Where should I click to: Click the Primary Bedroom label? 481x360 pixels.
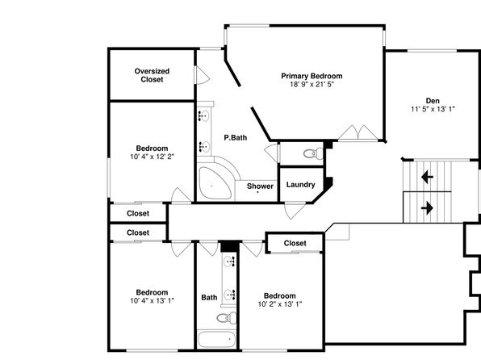click(x=312, y=76)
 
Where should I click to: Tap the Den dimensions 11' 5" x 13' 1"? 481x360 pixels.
click(x=433, y=109)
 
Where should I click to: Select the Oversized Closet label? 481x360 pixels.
click(x=152, y=75)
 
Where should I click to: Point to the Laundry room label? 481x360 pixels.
click(x=300, y=185)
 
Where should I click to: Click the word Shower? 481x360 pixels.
click(x=260, y=186)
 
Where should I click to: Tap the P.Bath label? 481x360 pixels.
click(x=236, y=137)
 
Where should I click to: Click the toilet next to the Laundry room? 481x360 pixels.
click(x=313, y=153)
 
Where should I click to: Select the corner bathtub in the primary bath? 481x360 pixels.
click(x=214, y=183)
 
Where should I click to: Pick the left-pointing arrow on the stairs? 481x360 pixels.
click(x=427, y=177)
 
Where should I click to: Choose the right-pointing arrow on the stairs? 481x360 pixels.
click(x=427, y=208)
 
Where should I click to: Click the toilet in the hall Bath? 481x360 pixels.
click(x=227, y=318)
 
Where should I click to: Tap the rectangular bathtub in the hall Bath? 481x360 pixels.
click(x=216, y=340)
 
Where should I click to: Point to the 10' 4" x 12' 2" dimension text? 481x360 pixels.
click(x=152, y=157)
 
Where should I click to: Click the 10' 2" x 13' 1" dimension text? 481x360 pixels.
click(x=280, y=304)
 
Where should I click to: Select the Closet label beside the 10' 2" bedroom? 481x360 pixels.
click(x=295, y=243)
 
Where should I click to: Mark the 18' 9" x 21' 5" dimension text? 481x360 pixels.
click(x=312, y=84)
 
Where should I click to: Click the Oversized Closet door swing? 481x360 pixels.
click(x=203, y=75)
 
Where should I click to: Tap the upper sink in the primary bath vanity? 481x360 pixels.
click(x=203, y=115)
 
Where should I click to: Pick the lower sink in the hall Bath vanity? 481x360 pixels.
click(x=230, y=295)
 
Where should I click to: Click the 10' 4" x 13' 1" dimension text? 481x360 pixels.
click(x=152, y=300)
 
